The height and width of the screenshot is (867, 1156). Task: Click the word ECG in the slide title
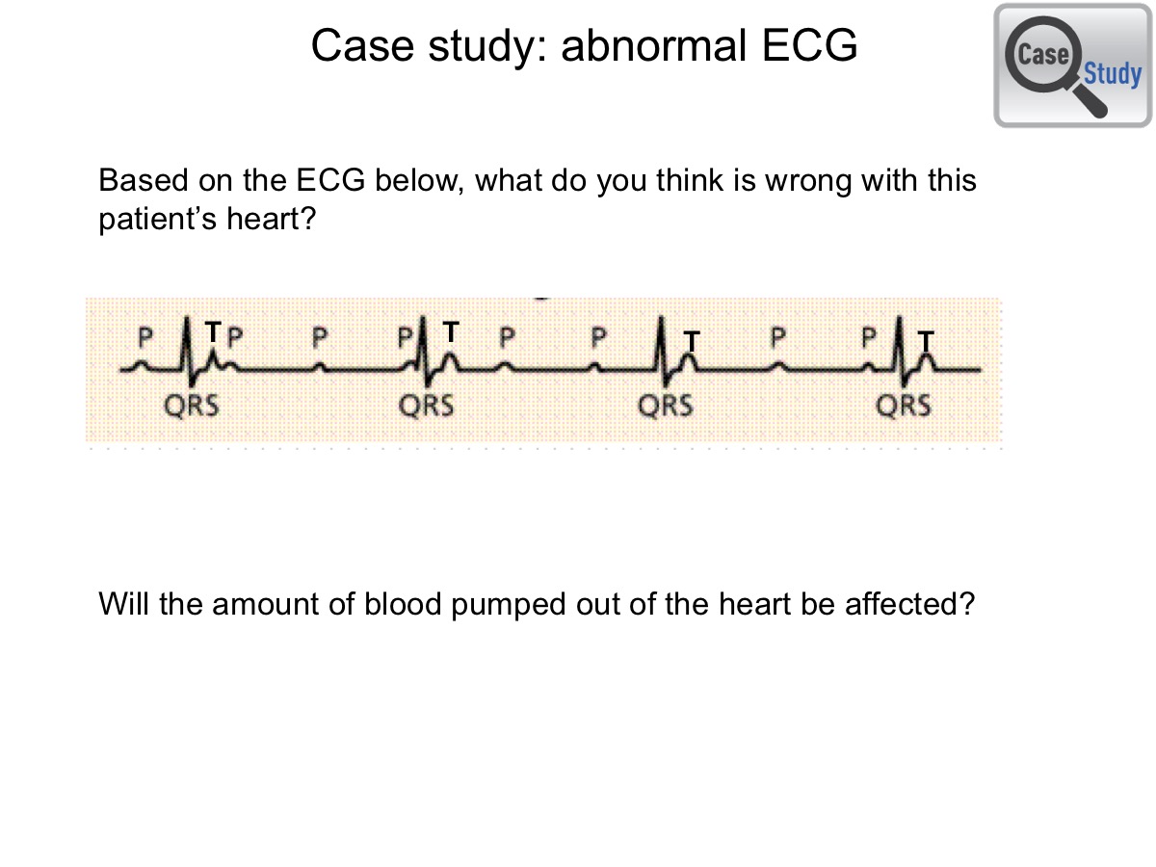tap(809, 45)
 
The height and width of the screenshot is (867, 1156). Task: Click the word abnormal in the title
tap(654, 45)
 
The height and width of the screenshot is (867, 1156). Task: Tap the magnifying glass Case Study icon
tap(1073, 66)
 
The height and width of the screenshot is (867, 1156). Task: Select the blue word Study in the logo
tap(1113, 74)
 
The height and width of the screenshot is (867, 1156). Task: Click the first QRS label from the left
tap(191, 406)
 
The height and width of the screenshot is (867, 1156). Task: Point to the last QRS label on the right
tap(904, 406)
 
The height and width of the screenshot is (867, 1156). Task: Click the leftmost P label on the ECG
tap(145, 337)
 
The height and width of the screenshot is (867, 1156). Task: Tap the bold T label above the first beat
tap(213, 331)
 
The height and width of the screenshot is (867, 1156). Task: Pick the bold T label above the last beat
tap(926, 341)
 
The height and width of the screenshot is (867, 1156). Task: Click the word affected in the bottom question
tap(909, 603)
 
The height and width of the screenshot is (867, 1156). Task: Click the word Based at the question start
tap(144, 180)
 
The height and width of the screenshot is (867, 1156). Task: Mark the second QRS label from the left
tap(426, 406)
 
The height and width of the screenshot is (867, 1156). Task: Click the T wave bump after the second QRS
tap(449, 361)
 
